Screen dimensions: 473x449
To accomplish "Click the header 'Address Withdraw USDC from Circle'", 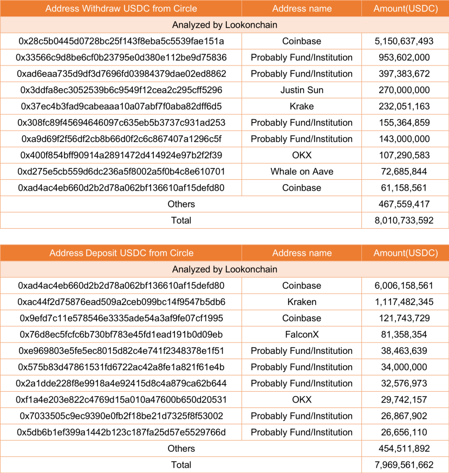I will coord(121,9).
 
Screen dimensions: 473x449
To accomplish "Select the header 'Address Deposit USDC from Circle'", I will coord(121,253).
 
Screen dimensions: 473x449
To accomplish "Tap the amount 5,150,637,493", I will coord(404,41).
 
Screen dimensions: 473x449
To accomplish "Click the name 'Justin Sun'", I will coord(302,90).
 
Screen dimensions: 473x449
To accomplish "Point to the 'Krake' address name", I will coord(302,106).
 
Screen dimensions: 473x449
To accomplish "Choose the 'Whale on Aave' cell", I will coord(302,172).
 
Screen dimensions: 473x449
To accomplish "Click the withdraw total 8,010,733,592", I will coord(404,221).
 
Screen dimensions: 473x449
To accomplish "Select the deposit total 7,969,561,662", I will coord(404,465).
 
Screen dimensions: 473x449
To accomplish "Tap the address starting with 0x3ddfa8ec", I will coord(121,90).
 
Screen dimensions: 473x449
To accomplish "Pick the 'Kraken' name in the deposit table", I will coord(302,302).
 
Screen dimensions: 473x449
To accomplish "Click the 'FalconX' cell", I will coord(302,334).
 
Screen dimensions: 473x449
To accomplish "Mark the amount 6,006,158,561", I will coord(404,286).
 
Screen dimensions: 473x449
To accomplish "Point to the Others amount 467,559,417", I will coord(404,204).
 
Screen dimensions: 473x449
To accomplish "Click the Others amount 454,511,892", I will coord(404,449).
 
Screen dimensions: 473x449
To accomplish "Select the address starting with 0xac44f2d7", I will coord(121,302).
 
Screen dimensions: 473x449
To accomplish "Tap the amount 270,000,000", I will coord(404,90).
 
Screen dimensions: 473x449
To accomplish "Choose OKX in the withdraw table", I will coord(302,155).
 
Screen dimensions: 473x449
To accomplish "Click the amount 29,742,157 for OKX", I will coord(404,400).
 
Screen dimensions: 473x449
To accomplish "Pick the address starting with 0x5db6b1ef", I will coord(121,432).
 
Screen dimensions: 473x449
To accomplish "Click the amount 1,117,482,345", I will coord(404,302).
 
